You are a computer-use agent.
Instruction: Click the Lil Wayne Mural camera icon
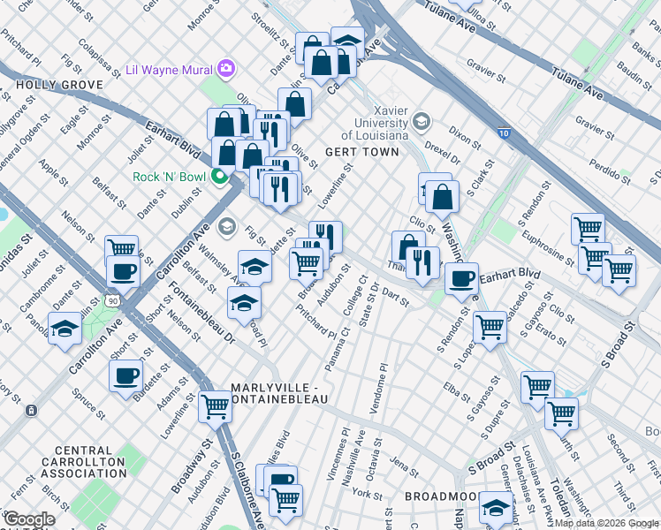coord(227,68)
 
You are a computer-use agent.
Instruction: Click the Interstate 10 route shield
coord(503,132)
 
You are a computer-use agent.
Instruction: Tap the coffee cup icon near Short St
coord(125,376)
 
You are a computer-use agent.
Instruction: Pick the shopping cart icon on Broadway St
coord(215,407)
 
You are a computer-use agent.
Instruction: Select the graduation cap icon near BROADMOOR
coord(496,507)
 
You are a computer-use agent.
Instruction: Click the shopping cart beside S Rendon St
coord(489,327)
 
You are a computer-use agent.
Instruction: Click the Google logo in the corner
coord(29,519)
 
